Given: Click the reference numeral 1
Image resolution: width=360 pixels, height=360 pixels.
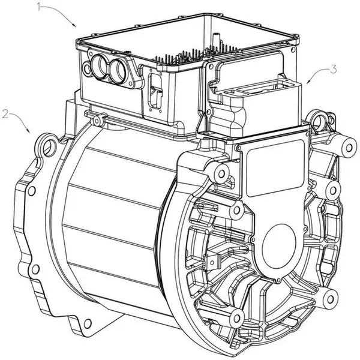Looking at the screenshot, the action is [x=39, y=7].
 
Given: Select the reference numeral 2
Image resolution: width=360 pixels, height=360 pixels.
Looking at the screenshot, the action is [x=5, y=114].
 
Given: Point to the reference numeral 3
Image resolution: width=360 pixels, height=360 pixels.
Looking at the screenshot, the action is [x=334, y=70].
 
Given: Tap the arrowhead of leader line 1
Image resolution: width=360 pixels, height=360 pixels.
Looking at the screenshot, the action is [x=74, y=25].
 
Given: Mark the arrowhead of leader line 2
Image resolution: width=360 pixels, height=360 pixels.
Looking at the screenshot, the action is [x=28, y=131].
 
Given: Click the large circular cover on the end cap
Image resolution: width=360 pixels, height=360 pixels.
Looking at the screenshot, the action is [x=279, y=247].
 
